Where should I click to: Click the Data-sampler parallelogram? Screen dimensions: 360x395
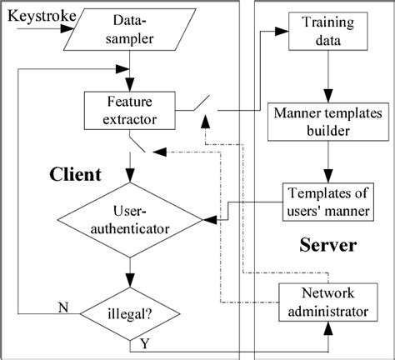pos(128,30)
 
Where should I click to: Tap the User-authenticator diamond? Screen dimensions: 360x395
pos(131,220)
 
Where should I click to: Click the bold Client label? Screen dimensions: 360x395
pos(73,174)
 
